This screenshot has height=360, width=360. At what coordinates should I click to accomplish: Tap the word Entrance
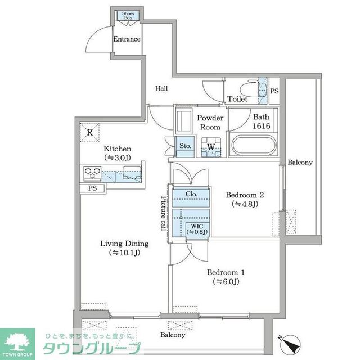click(127, 39)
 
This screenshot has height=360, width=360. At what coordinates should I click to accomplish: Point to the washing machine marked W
click(210, 147)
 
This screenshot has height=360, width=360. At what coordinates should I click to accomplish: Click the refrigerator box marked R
click(89, 133)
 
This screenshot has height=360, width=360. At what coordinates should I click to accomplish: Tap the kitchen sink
click(133, 174)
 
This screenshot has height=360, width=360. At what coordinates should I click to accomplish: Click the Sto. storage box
click(184, 146)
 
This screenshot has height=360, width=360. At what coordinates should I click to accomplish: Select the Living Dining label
click(124, 248)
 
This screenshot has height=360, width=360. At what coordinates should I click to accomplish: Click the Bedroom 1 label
click(226, 276)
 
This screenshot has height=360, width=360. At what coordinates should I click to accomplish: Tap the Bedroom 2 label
click(245, 199)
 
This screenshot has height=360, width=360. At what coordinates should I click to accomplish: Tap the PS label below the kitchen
click(91, 188)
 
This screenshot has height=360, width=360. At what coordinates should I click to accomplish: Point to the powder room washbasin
click(183, 121)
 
